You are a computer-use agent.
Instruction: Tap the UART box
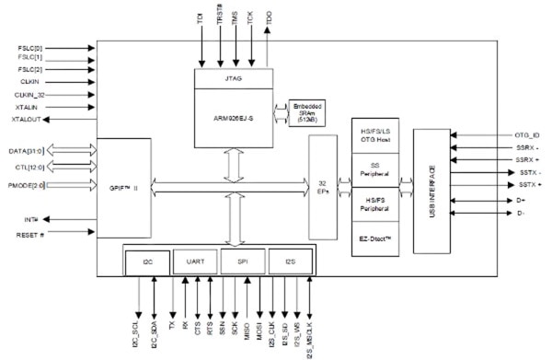pyautogui.click(x=194, y=262)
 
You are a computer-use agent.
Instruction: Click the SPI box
pyautogui.click(x=242, y=262)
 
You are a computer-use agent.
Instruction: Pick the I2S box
pyautogui.click(x=290, y=262)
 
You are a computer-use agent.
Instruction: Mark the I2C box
pyautogui.click(x=149, y=262)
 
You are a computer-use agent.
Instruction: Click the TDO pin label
pyautogui.click(x=269, y=15)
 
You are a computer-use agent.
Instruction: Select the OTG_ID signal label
pyautogui.click(x=527, y=136)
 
